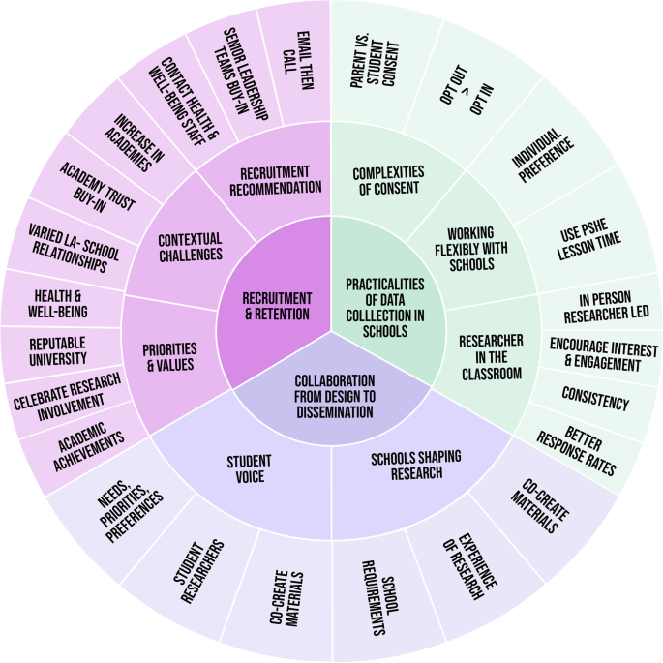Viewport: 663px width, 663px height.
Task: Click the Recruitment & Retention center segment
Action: click(x=276, y=305)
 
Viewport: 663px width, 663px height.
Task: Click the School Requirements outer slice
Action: click(x=379, y=606)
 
